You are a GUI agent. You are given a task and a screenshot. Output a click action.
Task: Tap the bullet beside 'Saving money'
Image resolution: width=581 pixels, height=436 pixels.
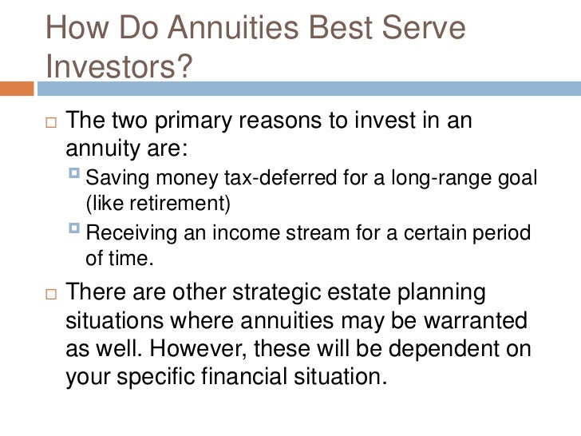(x=77, y=176)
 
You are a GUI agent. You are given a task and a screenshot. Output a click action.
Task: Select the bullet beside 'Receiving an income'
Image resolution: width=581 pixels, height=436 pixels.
(x=77, y=232)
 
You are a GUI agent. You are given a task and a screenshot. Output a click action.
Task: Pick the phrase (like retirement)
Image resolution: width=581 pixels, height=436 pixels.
(x=157, y=203)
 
